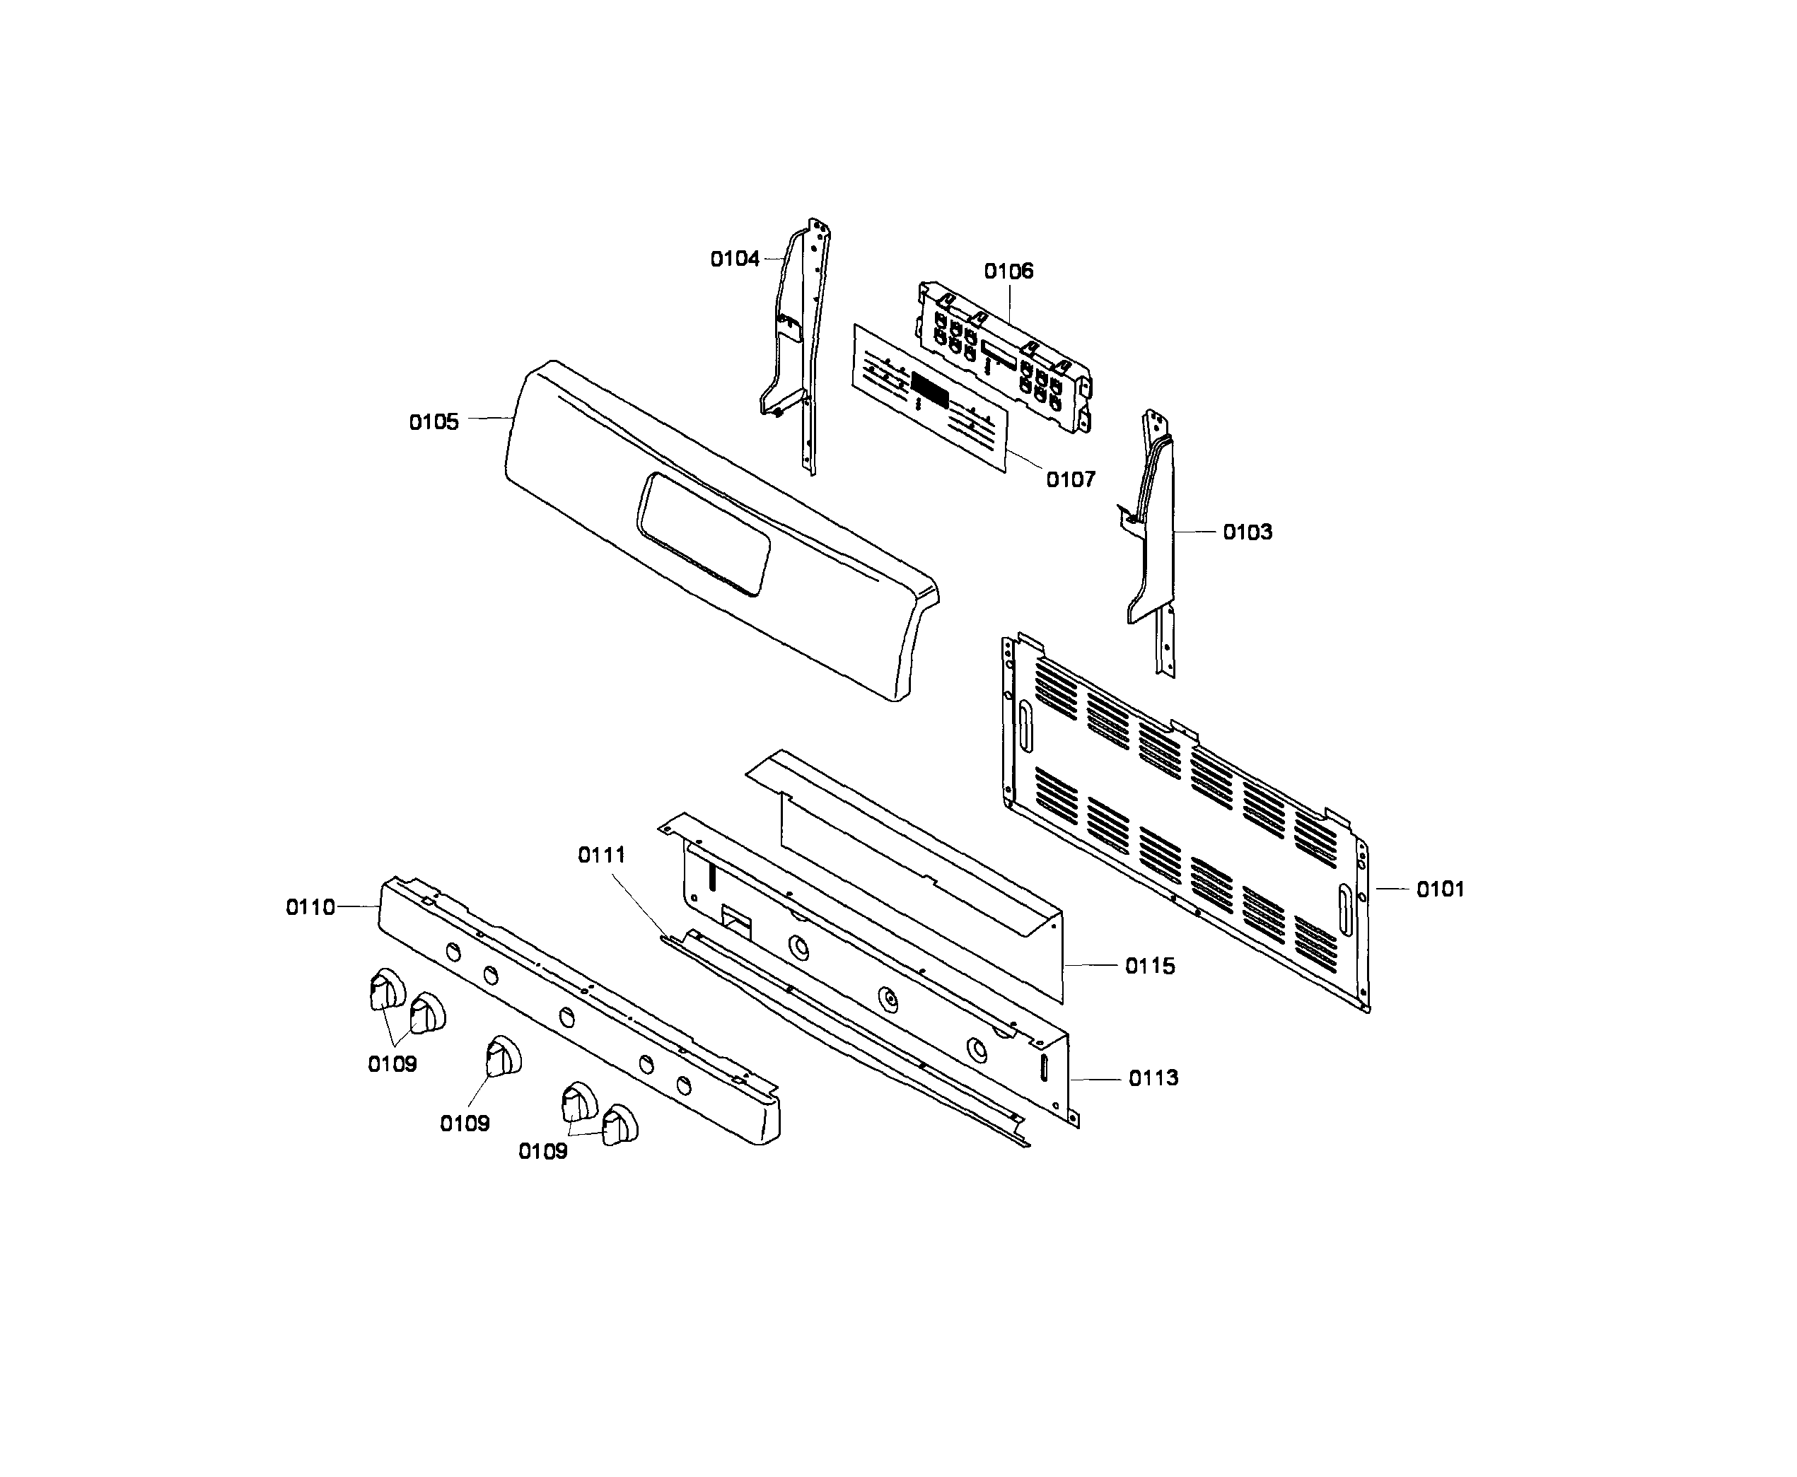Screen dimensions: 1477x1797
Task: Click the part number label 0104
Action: pyautogui.click(x=734, y=259)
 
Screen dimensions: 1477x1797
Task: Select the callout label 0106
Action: pyautogui.click(x=1008, y=272)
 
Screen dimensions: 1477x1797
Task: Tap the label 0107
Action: pyautogui.click(x=1071, y=480)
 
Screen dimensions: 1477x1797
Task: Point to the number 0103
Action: pyautogui.click(x=1248, y=532)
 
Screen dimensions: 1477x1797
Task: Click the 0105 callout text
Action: pyautogui.click(x=434, y=422)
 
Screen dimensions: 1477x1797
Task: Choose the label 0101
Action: pyautogui.click(x=1440, y=889)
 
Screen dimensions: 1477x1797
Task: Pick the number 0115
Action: pyautogui.click(x=1149, y=966)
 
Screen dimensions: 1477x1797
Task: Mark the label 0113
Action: pyautogui.click(x=1153, y=1078)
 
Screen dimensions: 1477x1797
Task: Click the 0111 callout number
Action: pyautogui.click(x=602, y=855)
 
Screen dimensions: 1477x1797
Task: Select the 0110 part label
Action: pyautogui.click(x=310, y=908)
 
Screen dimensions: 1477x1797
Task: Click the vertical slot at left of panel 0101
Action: pyautogui.click(x=1025, y=728)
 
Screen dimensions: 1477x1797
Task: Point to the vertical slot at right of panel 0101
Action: pyautogui.click(x=1344, y=909)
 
